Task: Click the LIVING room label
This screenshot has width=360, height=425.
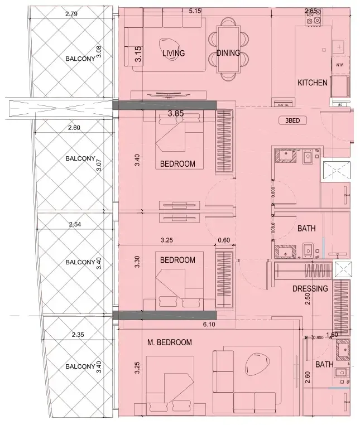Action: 174,54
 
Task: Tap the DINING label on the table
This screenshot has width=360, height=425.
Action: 228,54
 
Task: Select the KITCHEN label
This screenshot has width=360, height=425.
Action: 312,83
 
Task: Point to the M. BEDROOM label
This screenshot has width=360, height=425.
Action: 170,342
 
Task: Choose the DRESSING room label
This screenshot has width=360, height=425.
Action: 310,289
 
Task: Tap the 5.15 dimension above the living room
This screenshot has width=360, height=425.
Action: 195,11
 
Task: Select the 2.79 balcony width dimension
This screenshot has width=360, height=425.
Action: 71,13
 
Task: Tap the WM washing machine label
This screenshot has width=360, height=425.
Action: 338,65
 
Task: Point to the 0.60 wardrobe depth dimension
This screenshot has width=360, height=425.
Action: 224,241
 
